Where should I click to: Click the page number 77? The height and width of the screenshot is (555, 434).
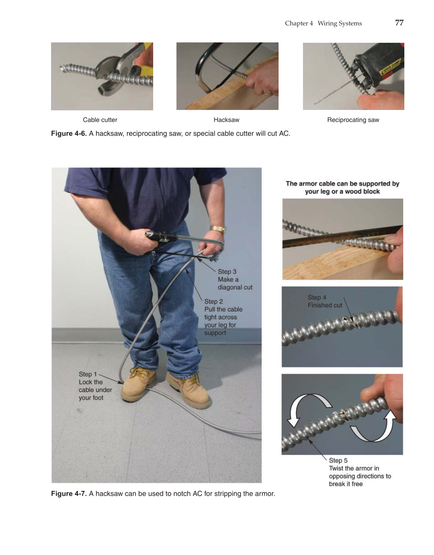399,23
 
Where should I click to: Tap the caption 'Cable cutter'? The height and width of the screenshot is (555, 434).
100,120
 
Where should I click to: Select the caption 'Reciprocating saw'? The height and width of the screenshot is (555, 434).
353,120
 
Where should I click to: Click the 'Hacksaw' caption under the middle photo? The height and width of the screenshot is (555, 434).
226,120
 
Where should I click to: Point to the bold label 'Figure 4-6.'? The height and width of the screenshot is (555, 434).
69,134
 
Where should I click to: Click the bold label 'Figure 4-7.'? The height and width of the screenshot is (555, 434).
69,494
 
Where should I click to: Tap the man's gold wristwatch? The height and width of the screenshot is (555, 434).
217,229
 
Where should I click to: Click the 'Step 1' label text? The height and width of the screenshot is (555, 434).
87,374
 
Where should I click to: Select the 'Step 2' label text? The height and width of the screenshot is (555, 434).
213,301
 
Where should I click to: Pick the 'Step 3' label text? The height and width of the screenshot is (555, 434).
227,272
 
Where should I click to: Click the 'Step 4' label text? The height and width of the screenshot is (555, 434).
317,297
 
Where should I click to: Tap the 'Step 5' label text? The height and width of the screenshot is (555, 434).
338,460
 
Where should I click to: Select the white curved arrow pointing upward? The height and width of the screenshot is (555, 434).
379,428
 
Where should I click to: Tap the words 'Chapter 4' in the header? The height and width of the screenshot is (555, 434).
299,23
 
